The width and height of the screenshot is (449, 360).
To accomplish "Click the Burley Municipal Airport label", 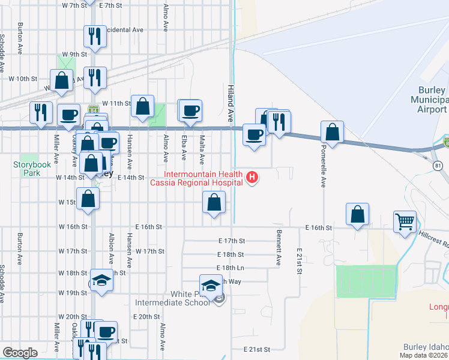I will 429,100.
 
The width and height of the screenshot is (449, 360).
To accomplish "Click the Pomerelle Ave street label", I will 322,172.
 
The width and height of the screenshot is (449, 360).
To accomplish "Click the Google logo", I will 20,353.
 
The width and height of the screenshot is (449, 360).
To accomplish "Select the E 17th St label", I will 232,241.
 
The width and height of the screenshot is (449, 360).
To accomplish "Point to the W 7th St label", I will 74,5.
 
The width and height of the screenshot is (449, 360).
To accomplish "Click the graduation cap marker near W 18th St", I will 101,280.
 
